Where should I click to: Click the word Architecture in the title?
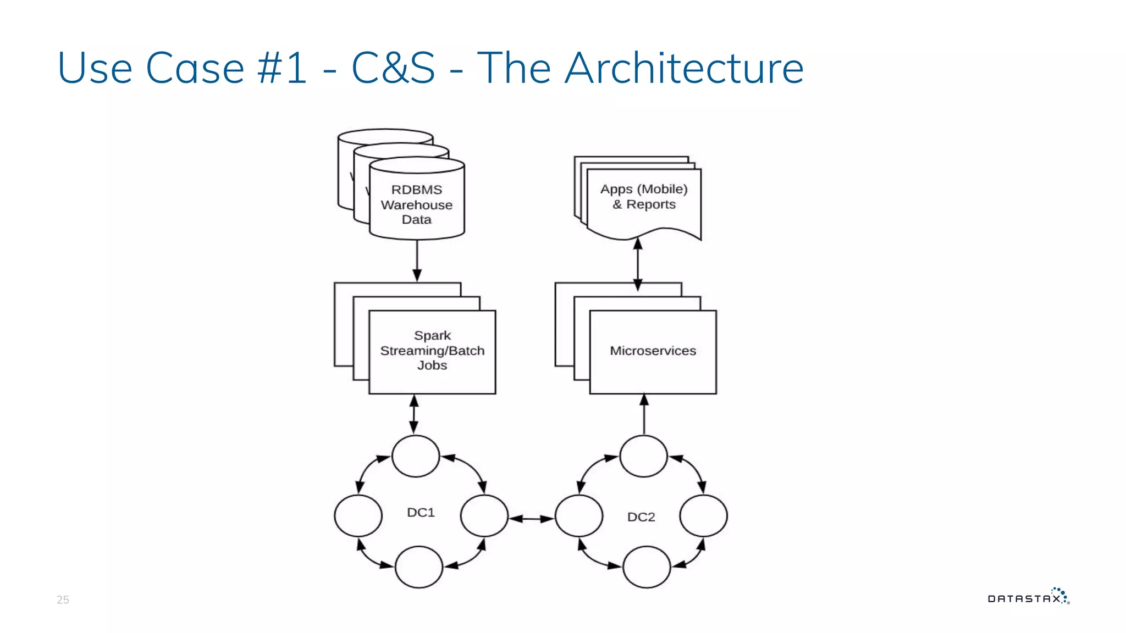[x=684, y=68]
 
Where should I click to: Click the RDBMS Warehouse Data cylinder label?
[x=417, y=204]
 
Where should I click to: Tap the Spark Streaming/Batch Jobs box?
[x=432, y=351]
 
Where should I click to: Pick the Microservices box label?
[x=653, y=351]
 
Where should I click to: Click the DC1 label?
[x=421, y=513]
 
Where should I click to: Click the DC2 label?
[x=641, y=517]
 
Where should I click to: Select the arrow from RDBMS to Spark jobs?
[x=417, y=260]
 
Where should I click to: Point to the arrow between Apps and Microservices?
[x=638, y=264]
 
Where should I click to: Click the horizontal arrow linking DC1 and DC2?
[x=531, y=518]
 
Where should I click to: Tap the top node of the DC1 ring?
[x=416, y=456]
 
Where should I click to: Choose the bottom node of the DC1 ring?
[x=418, y=567]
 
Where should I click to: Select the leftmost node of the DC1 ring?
[x=358, y=515]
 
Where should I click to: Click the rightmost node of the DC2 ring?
[x=703, y=515]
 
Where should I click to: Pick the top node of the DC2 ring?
[x=643, y=456]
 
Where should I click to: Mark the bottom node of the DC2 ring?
[x=647, y=567]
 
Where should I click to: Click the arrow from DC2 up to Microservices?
[x=644, y=415]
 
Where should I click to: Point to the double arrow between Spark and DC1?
[x=414, y=414]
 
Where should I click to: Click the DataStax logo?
[x=1028, y=597]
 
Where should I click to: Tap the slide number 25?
[x=63, y=600]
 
